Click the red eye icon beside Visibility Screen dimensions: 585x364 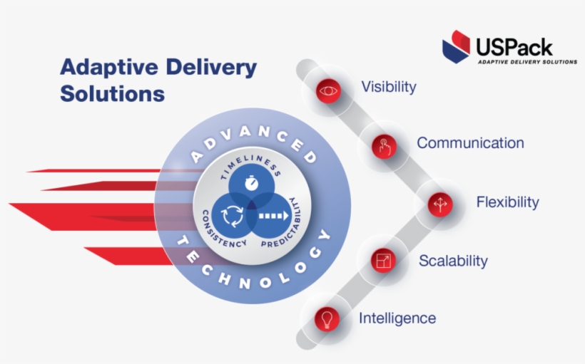point(328,90)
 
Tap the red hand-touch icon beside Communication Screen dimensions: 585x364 point(385,147)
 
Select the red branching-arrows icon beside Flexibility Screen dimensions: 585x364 point(440,204)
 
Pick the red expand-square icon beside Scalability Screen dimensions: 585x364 point(384,261)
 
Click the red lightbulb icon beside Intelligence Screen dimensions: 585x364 point(327,319)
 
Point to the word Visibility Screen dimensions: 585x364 point(389,87)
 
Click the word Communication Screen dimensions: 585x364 point(470,143)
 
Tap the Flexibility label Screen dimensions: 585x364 point(508,202)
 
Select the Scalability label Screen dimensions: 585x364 point(453,261)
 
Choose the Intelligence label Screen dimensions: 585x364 point(397,318)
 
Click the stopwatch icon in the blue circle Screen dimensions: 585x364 point(251,182)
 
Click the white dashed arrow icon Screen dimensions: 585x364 point(274,216)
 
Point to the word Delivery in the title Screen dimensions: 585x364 point(211,67)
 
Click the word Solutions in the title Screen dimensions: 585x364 point(112,93)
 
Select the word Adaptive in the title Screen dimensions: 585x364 point(109,68)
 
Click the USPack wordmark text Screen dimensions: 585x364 point(514,48)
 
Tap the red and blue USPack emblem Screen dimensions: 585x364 point(456,46)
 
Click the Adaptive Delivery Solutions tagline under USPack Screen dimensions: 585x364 point(527,62)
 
